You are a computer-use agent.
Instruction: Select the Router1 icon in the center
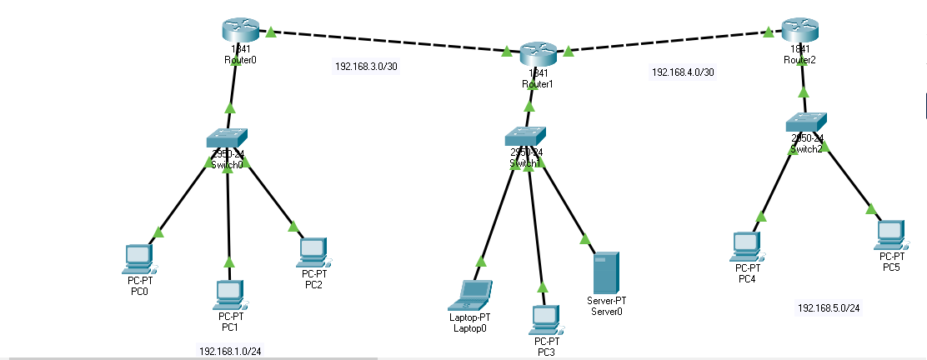click(x=537, y=55)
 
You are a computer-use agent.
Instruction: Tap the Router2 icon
click(x=801, y=31)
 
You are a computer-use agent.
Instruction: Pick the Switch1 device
click(x=525, y=136)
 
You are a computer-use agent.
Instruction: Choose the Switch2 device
click(x=806, y=122)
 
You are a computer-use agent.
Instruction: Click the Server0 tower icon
click(x=606, y=271)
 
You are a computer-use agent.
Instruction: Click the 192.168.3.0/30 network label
click(x=366, y=67)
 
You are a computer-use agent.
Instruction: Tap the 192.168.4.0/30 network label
click(x=682, y=72)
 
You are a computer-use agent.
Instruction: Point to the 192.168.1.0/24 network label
click(x=229, y=350)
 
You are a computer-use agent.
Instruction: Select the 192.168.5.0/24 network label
click(x=829, y=308)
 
